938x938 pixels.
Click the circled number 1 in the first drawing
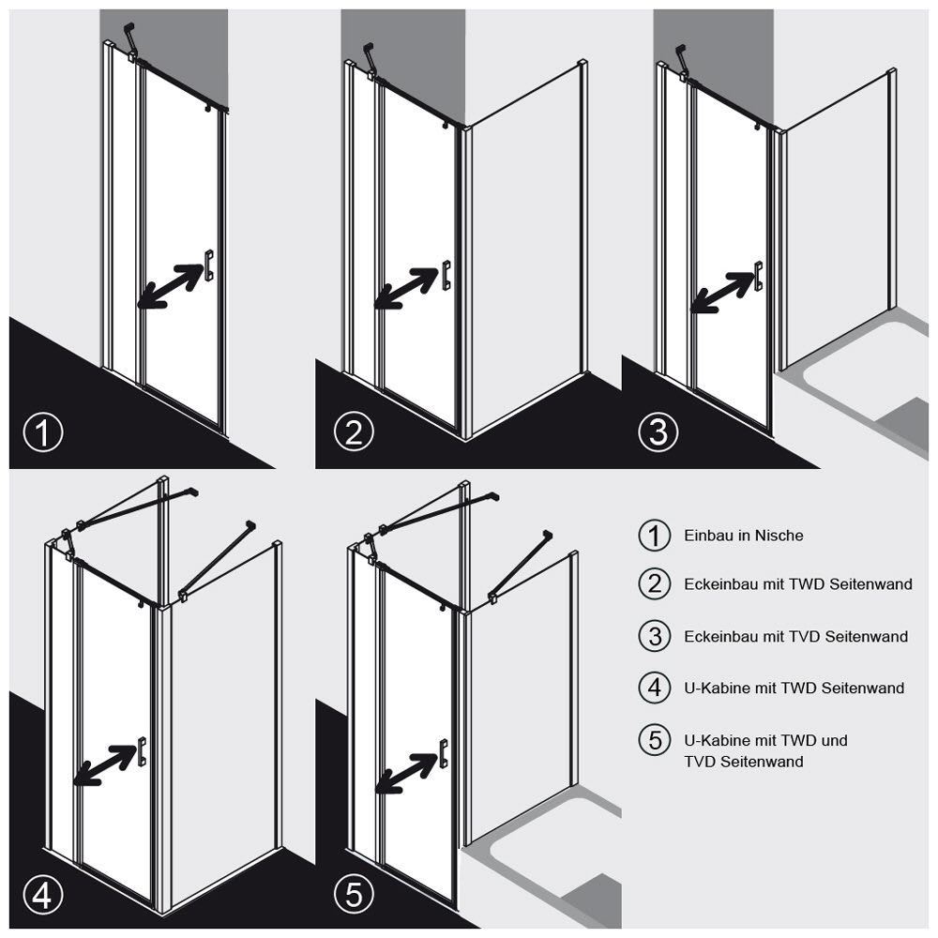pos(43,431)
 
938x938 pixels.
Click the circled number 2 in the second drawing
pos(355,431)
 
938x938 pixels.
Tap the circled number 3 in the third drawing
pos(658,431)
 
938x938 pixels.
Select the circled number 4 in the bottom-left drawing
pos(43,895)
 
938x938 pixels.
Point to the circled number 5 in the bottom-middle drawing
pos(355,895)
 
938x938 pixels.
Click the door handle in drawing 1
pos(209,265)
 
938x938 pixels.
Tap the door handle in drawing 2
pos(446,275)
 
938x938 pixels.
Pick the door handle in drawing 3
pos(759,277)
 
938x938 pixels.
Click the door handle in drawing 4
pos(142,751)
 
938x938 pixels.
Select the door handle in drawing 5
pos(444,754)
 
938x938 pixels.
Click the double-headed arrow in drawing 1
pos(171,286)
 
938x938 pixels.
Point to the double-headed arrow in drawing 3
pos(722,293)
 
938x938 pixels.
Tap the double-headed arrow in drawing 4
pos(105,764)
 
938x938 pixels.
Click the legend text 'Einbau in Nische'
pos(744,536)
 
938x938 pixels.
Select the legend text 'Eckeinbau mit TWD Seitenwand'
pos(798,583)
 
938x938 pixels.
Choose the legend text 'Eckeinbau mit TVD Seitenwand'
pos(796,636)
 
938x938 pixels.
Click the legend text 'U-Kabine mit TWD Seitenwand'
pos(794,688)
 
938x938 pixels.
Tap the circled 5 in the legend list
pos(655,740)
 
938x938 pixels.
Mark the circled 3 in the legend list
pos(655,636)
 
